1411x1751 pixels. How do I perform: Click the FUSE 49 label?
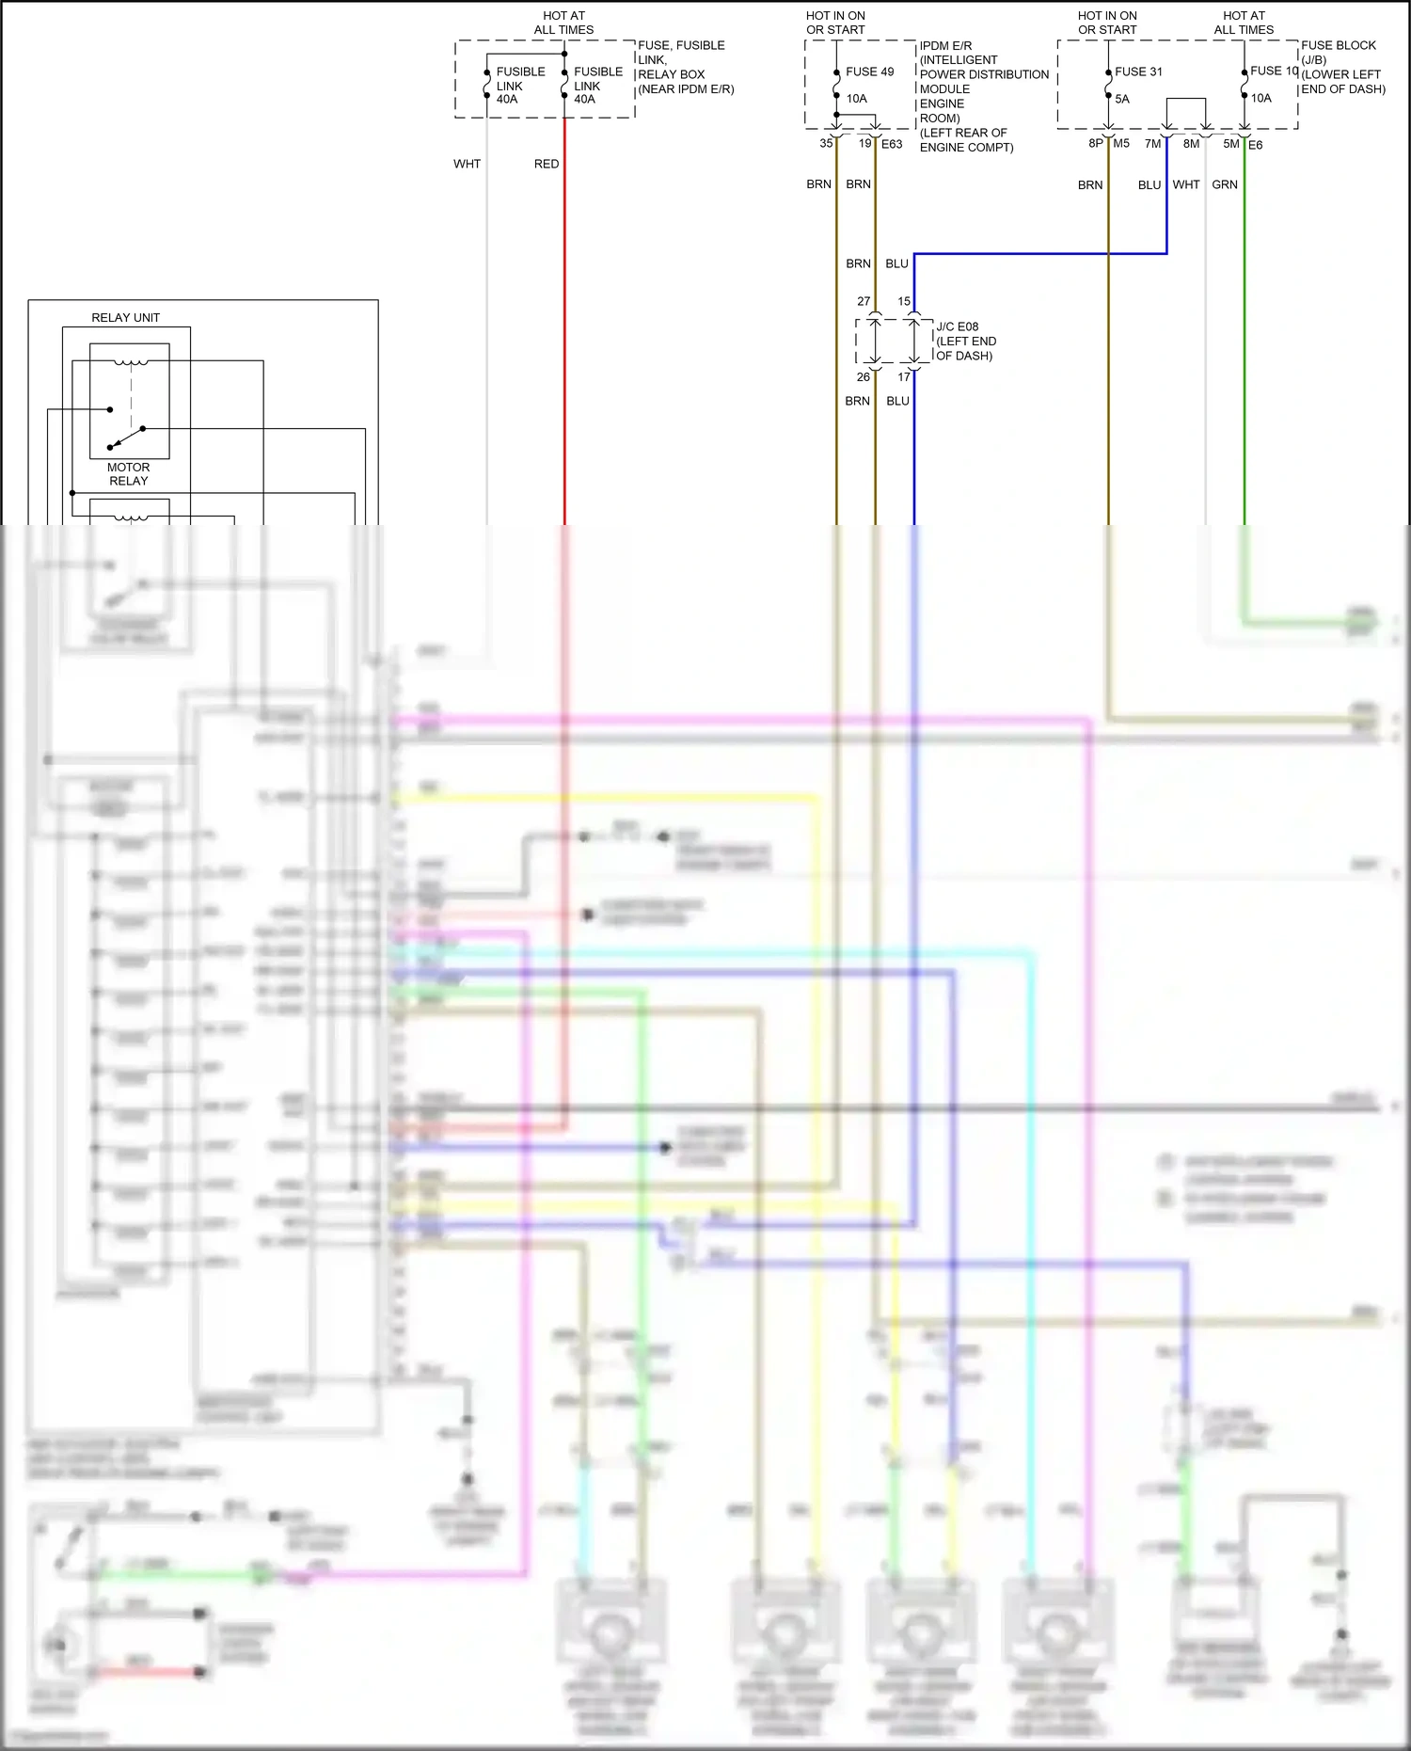869,72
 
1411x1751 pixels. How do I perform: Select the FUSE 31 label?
1138,72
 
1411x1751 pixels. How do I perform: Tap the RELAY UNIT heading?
125,318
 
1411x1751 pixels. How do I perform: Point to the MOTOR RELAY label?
129,474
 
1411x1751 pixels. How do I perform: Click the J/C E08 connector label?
957,326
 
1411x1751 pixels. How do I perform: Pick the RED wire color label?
547,164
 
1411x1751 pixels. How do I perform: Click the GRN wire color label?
1225,184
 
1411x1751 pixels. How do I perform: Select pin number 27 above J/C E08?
864,302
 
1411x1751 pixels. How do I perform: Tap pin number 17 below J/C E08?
904,377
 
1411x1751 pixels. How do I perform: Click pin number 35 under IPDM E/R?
826,144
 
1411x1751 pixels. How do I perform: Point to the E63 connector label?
892,144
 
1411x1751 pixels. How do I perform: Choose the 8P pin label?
1095,144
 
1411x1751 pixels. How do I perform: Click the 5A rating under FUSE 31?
1122,99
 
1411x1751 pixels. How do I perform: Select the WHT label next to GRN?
1186,184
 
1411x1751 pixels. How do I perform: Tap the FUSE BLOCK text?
1338,45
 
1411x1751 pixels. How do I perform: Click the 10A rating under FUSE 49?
856,99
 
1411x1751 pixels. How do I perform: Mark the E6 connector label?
1256,145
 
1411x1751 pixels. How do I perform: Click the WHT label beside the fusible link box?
467,164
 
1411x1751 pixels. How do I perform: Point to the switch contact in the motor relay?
127,438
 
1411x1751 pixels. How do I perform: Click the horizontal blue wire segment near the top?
1035,254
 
